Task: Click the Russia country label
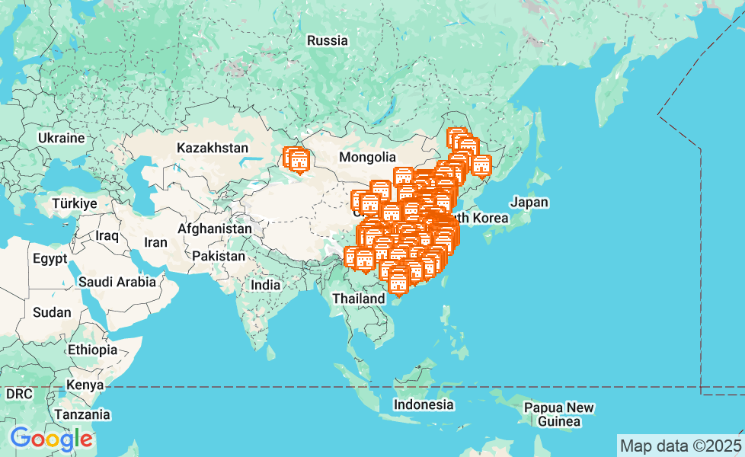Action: [x=328, y=40]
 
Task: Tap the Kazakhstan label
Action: [x=213, y=148]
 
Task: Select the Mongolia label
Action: [x=368, y=157]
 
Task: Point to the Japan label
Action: [x=529, y=203]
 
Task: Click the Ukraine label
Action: [x=61, y=138]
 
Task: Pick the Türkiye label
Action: [x=75, y=203]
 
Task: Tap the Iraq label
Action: [x=107, y=235]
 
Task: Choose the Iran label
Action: [x=155, y=242]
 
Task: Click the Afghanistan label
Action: [x=215, y=228]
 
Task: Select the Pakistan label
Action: [x=219, y=256]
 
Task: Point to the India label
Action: [x=266, y=285]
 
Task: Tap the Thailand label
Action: [x=358, y=299]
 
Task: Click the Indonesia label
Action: [x=424, y=404]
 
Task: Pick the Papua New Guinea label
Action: [x=559, y=414]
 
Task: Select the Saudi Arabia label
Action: [x=117, y=282]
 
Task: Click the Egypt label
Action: [x=50, y=258]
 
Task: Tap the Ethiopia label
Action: [x=92, y=350]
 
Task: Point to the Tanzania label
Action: [x=82, y=415]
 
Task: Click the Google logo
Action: [x=51, y=439]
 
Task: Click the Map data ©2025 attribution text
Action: [x=680, y=446]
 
